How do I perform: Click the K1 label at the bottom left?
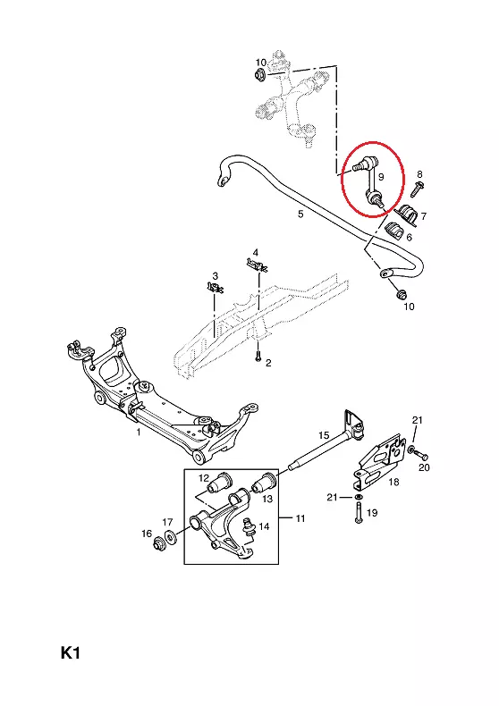(71, 653)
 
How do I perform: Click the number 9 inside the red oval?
(381, 177)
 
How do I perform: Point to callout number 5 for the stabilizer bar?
(300, 214)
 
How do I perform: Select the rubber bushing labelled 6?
(394, 231)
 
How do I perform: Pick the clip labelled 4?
(257, 265)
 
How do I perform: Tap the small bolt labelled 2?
(258, 357)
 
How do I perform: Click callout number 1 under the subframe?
(139, 432)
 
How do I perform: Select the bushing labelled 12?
(218, 483)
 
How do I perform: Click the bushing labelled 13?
(264, 483)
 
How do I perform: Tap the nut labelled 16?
(159, 542)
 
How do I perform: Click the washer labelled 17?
(171, 538)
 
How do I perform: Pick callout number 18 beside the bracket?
(393, 482)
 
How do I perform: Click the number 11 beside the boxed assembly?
(300, 518)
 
